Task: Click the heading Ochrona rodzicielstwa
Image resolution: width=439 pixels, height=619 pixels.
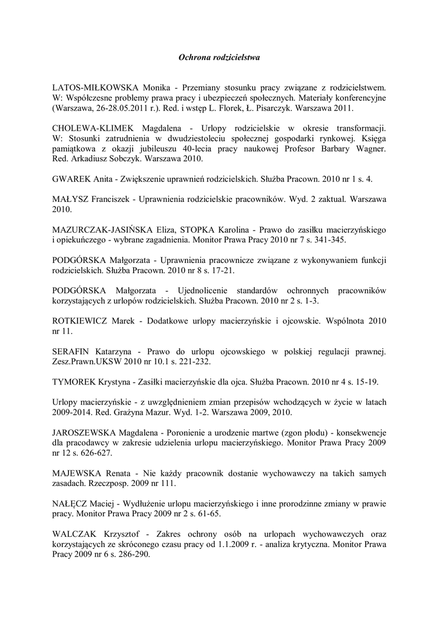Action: point(219,57)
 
